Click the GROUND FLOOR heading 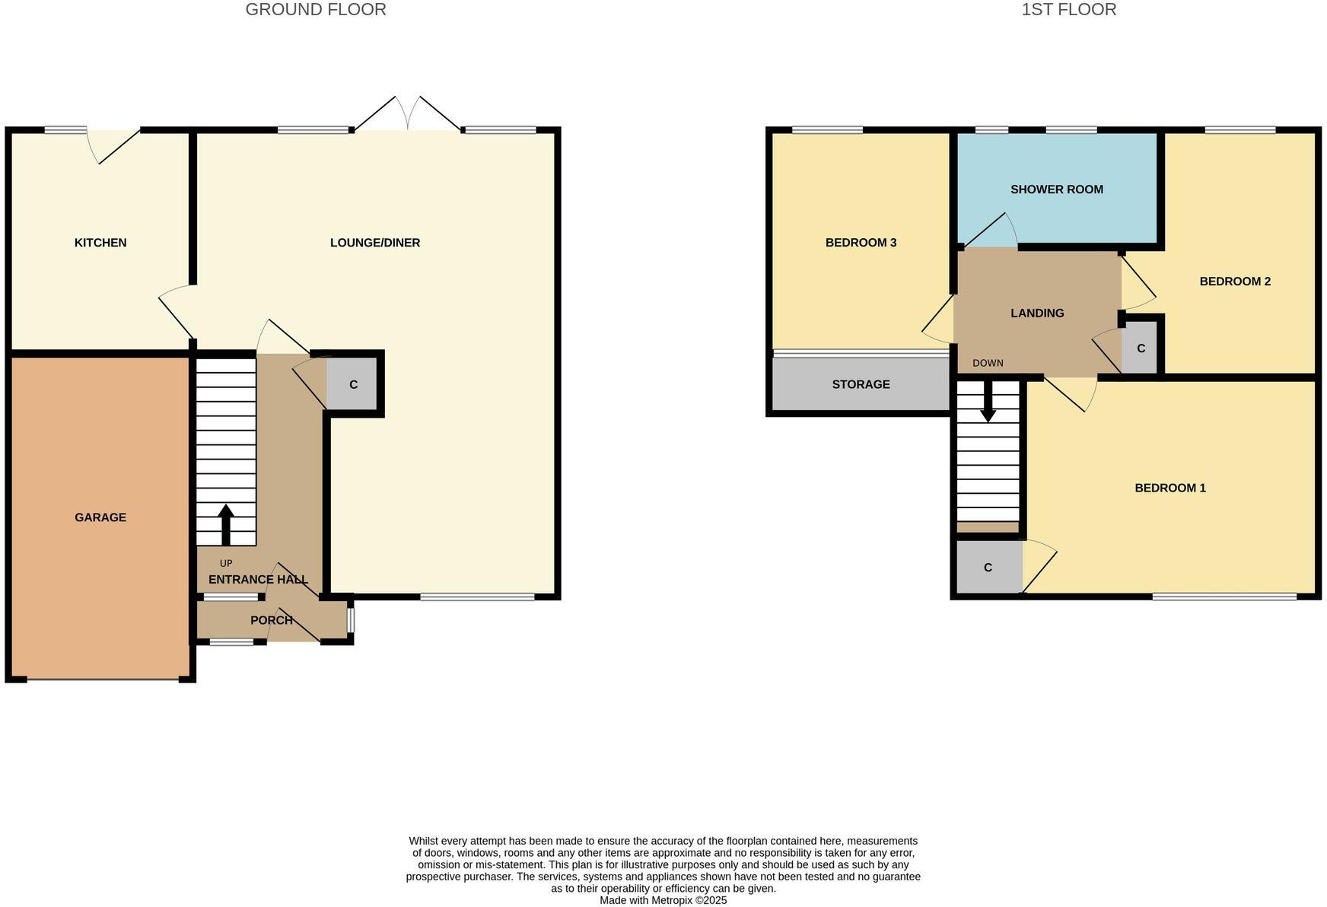tap(316, 10)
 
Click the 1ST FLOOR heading tap(1068, 10)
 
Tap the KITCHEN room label tap(100, 243)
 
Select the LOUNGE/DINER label tap(375, 243)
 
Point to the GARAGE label tap(100, 517)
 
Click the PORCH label tap(272, 620)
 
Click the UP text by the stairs tap(226, 564)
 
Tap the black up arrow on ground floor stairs tap(226, 524)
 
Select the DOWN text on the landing tap(988, 363)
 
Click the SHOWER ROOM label tap(1056, 189)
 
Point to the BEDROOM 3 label tap(861, 243)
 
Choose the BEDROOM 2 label tap(1235, 282)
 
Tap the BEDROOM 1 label tap(1169, 488)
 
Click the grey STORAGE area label tap(861, 384)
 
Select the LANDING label tap(1037, 313)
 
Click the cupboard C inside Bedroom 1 tap(988, 568)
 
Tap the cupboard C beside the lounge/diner tap(353, 385)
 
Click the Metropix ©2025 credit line tap(663, 900)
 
